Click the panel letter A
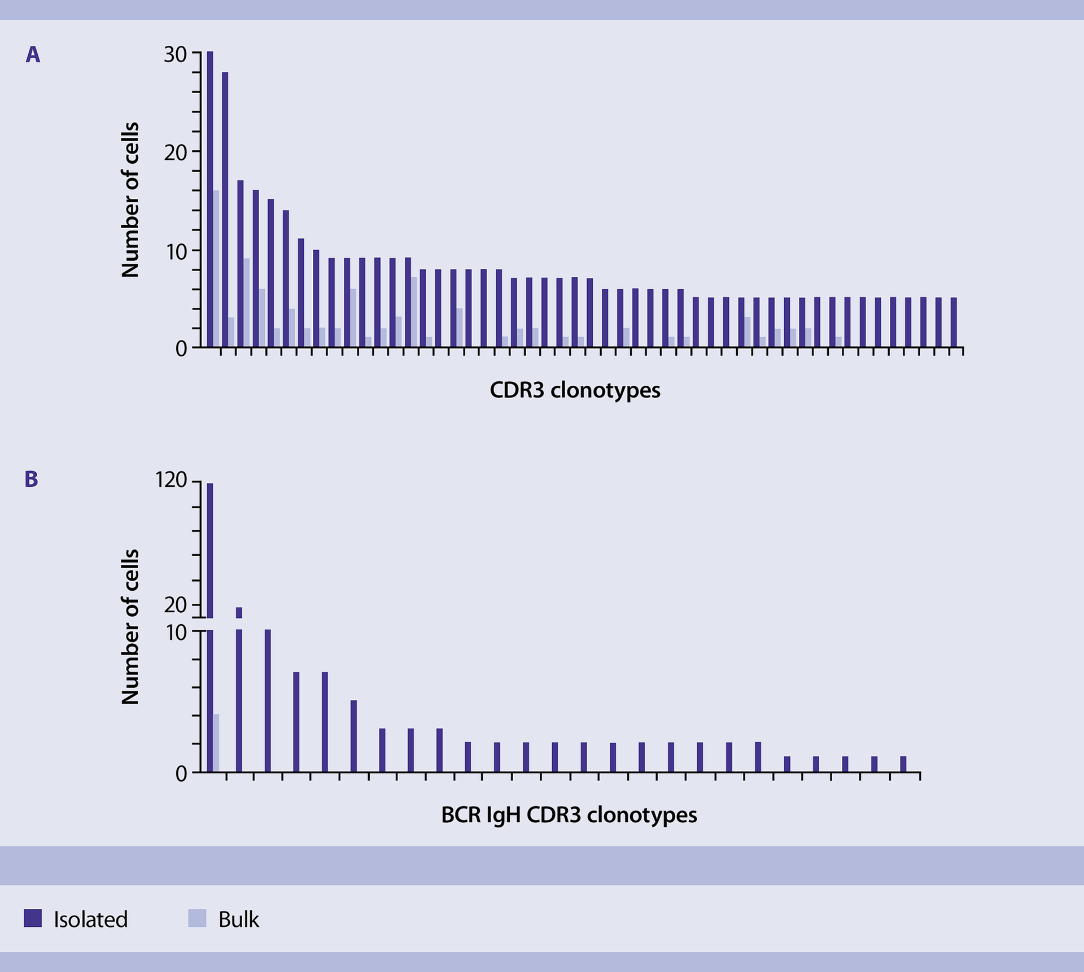(33, 55)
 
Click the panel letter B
(32, 479)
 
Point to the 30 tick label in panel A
(175, 54)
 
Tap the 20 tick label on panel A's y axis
(175, 152)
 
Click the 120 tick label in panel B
(171, 480)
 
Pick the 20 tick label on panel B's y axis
(175, 605)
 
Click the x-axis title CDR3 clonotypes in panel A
(575, 390)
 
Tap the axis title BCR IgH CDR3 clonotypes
(569, 815)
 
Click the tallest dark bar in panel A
(210, 198)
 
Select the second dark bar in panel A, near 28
(225, 209)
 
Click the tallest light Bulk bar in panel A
(216, 268)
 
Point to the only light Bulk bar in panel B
(216, 743)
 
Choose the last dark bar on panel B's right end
(903, 764)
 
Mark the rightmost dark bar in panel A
(954, 322)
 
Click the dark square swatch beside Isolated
(33, 918)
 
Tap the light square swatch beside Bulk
(197, 918)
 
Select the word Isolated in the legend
(91, 919)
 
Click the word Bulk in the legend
(239, 919)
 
